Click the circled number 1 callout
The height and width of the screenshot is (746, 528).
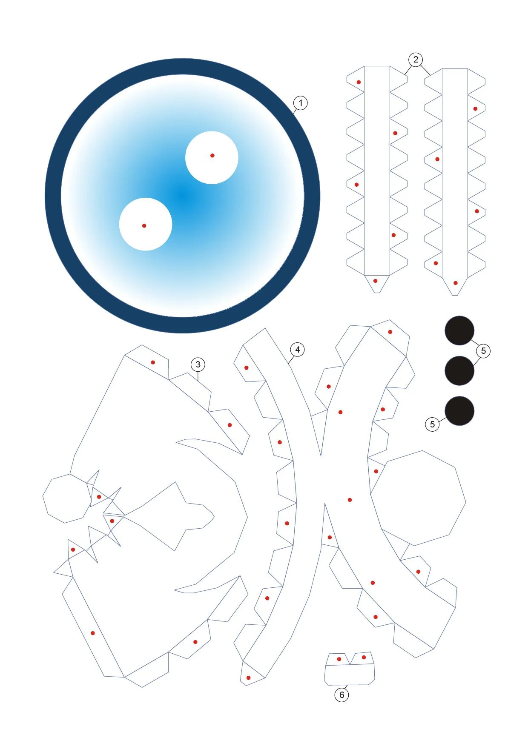tap(301, 103)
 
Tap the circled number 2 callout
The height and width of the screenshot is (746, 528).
tap(416, 60)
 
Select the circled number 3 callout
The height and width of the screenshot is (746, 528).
tap(198, 364)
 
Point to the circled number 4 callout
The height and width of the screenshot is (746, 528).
tap(297, 350)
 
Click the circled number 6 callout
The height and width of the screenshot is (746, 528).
tap(341, 695)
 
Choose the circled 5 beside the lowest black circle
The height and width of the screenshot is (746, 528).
tap(432, 424)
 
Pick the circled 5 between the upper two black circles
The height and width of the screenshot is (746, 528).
tap(483, 351)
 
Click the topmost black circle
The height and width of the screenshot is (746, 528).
tap(459, 330)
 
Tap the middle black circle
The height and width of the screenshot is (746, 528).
tap(459, 371)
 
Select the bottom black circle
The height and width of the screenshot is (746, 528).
tap(459, 411)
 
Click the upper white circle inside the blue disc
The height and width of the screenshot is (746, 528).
tap(212, 157)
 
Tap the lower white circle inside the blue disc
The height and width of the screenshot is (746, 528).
tap(146, 224)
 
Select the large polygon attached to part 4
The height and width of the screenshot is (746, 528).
tap(418, 498)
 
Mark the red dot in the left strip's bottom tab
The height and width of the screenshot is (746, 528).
tap(375, 281)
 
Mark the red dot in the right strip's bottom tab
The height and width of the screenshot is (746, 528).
tap(455, 283)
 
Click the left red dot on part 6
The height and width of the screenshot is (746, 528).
tap(339, 659)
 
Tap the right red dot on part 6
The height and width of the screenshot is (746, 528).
tap(364, 658)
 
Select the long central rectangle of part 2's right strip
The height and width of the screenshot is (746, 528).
tap(455, 173)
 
